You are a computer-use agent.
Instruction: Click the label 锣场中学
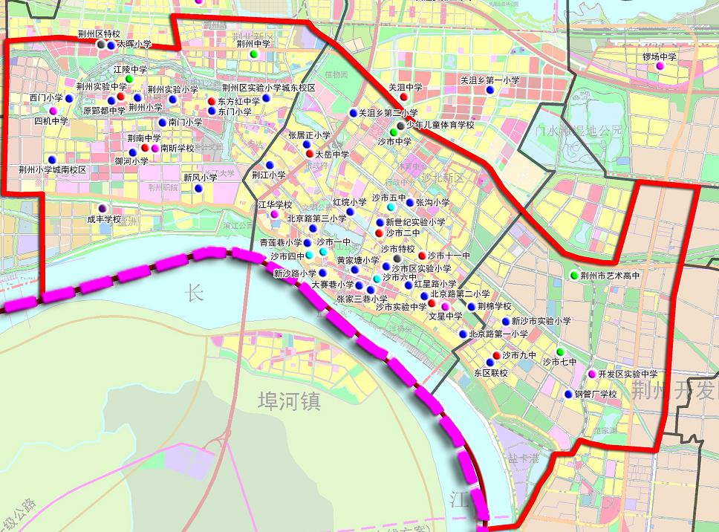[660, 56]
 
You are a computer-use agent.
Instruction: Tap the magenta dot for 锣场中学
[659, 66]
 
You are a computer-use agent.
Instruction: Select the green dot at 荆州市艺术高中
[573, 276]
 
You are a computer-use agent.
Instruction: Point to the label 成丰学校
[104, 219]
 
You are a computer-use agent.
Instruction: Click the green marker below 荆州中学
[253, 54]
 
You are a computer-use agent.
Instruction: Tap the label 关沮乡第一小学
[489, 80]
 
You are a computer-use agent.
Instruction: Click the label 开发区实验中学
[628, 374]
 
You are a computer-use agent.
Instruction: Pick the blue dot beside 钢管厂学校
[568, 395]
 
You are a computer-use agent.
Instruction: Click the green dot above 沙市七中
[560, 351]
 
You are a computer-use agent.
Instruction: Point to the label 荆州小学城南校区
[53, 170]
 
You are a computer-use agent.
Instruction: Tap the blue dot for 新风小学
[198, 188]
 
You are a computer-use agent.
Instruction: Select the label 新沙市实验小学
[541, 322]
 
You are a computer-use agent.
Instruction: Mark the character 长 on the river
[194, 293]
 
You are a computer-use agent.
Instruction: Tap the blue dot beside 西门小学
[69, 98]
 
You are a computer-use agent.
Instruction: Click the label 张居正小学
[309, 135]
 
